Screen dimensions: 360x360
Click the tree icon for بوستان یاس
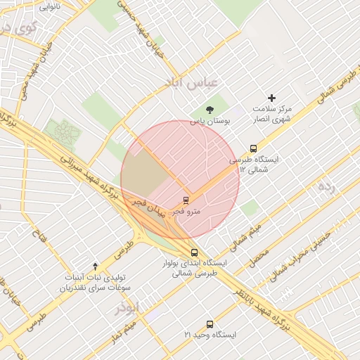pos(210,109)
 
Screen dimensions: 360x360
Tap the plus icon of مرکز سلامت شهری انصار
pos(272,98)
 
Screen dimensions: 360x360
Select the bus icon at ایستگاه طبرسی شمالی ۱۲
pos(253,148)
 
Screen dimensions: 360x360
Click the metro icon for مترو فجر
pos(186,199)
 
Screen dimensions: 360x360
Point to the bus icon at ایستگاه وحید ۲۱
pos(210,324)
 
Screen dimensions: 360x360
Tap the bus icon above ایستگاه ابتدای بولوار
pos(195,252)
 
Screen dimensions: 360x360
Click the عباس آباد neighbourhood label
pos(191,82)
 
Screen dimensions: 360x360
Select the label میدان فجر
pos(147,207)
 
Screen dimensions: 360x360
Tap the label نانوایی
pos(49,6)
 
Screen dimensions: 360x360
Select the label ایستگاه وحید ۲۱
pos(211,335)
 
